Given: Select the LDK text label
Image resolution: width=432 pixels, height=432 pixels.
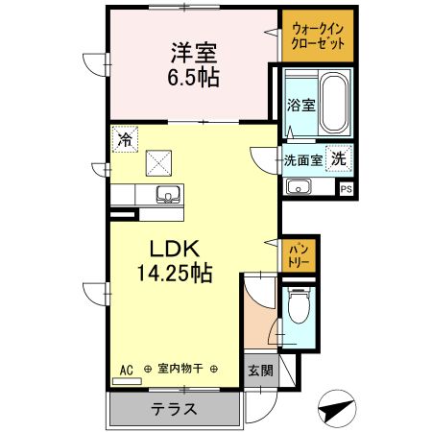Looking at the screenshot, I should click(173, 249).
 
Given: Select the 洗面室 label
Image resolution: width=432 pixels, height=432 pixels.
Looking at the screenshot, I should click(302, 160).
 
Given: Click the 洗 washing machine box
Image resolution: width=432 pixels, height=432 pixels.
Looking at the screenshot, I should click(339, 158).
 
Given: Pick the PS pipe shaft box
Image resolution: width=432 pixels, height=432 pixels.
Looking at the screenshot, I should click(346, 189).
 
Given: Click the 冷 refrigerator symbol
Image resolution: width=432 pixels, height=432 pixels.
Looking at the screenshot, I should click(124, 139).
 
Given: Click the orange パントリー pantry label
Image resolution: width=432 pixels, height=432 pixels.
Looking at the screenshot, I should click(299, 254).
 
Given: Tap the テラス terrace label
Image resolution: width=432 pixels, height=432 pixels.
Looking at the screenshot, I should click(174, 409).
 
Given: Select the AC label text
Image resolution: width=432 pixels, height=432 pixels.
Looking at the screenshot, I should click(126, 369).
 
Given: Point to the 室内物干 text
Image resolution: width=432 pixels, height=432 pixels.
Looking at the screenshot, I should click(180, 369).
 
